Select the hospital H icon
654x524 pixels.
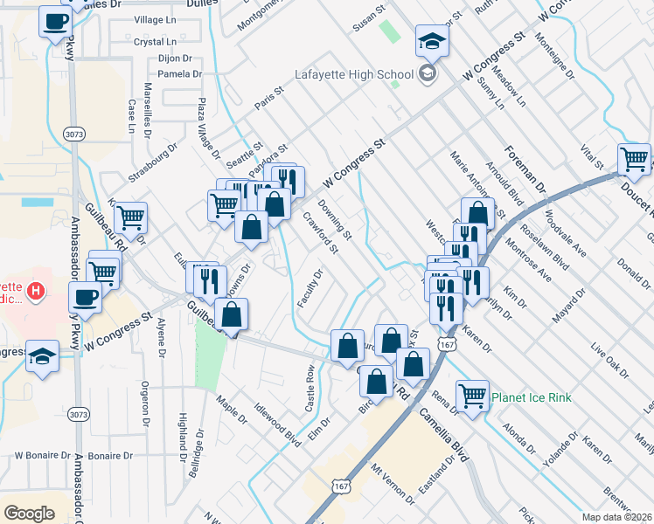(x=36, y=290)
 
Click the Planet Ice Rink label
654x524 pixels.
(x=531, y=398)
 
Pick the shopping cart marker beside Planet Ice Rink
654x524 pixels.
(x=472, y=396)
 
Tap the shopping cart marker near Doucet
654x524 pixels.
(x=634, y=160)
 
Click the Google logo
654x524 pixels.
(x=28, y=513)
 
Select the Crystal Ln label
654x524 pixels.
(x=155, y=41)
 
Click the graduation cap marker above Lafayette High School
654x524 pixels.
(x=432, y=41)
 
